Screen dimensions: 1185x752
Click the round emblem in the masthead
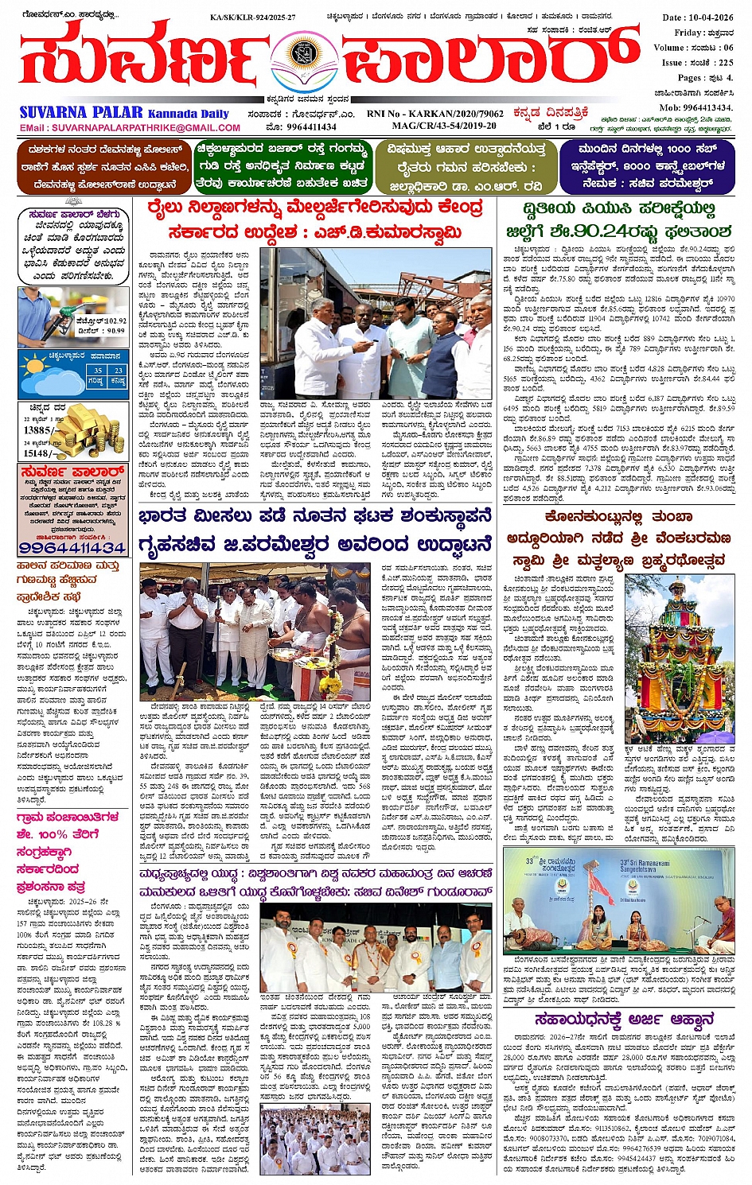tap(304, 56)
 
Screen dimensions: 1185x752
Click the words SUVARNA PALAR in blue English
tap(81, 112)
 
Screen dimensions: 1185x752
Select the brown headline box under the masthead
tap(103, 166)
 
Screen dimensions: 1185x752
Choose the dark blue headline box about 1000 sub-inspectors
tap(647, 166)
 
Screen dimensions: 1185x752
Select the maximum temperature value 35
tap(98, 371)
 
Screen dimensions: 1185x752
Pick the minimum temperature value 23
tap(118, 371)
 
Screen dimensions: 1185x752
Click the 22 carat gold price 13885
tap(37, 430)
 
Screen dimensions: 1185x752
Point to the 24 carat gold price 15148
tap(38, 453)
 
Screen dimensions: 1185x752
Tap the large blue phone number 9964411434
tap(72, 548)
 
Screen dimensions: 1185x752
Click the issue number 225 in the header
tap(725, 62)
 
